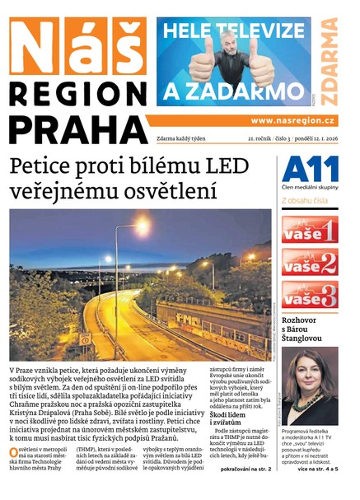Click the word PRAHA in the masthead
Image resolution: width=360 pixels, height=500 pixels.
click(x=78, y=129)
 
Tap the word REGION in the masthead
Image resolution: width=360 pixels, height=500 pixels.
click(x=78, y=92)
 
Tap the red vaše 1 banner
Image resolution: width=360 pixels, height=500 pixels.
click(x=310, y=229)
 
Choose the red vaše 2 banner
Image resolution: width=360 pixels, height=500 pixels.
click(x=310, y=261)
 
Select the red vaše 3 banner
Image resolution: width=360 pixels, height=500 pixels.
click(x=310, y=294)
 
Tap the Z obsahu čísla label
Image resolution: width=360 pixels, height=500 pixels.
click(x=306, y=200)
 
